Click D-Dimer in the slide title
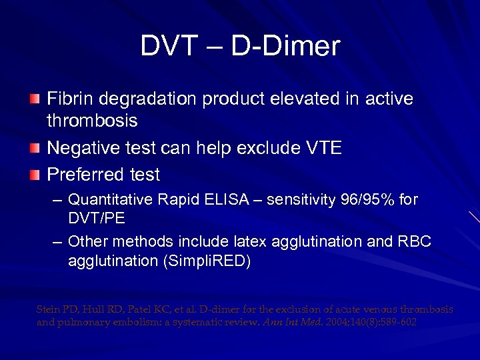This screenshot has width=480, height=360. (x=285, y=46)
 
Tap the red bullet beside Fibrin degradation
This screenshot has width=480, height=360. (x=34, y=99)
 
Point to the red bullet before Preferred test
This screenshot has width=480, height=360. (x=34, y=175)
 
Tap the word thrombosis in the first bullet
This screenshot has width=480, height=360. (x=92, y=121)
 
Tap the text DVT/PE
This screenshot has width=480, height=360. (x=97, y=219)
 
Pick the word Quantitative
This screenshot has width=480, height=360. (x=110, y=199)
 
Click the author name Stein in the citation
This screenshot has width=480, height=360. (x=48, y=309)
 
